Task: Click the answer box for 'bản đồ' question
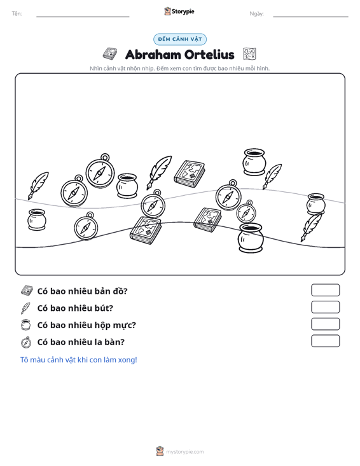click(x=325, y=290)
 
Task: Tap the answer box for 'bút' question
click(x=325, y=307)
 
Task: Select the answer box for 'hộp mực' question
click(x=325, y=324)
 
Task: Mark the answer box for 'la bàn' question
click(x=325, y=341)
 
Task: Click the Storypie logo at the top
click(x=179, y=11)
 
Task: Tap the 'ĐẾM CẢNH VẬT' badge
click(x=180, y=39)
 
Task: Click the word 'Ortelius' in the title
click(x=209, y=55)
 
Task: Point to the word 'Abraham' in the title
click(x=153, y=55)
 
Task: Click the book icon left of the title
click(x=110, y=54)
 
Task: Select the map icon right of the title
click(x=249, y=54)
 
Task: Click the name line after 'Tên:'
click(x=83, y=17)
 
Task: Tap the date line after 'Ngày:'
click(x=310, y=17)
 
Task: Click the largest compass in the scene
click(x=100, y=171)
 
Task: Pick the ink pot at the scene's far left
click(x=37, y=219)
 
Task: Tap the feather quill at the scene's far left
click(x=38, y=186)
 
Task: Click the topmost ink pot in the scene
click(x=254, y=161)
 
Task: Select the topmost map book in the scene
click(x=190, y=174)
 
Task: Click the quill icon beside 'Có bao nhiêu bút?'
click(x=25, y=308)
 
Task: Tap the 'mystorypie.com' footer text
click(x=185, y=452)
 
